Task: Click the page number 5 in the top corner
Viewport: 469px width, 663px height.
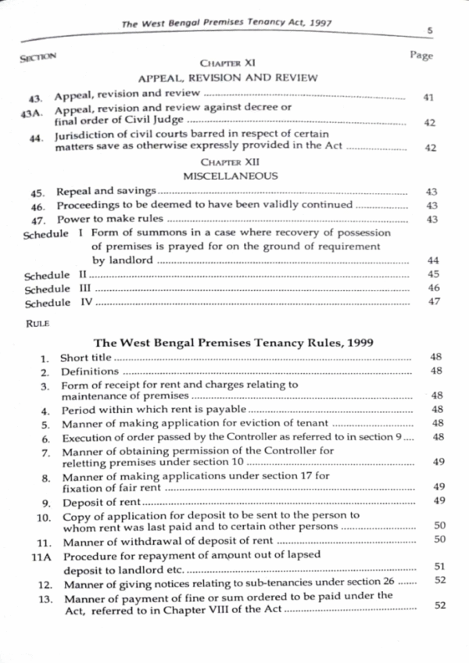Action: pos(431,30)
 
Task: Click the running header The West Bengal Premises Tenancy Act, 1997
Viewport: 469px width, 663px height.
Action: pos(227,23)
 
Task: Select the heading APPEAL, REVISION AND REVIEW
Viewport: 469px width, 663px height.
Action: pos(227,78)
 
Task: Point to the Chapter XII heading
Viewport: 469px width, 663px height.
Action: pos(230,162)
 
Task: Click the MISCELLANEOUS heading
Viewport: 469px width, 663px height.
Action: pos(230,177)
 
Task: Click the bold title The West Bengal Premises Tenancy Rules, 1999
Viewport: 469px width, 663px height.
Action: pos(234,341)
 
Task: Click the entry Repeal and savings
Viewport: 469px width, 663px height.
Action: pos(106,192)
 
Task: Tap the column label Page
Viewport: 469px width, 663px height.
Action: pos(421,56)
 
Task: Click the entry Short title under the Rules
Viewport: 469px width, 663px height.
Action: pos(85,358)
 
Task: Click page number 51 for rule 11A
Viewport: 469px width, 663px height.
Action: pos(439,566)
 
